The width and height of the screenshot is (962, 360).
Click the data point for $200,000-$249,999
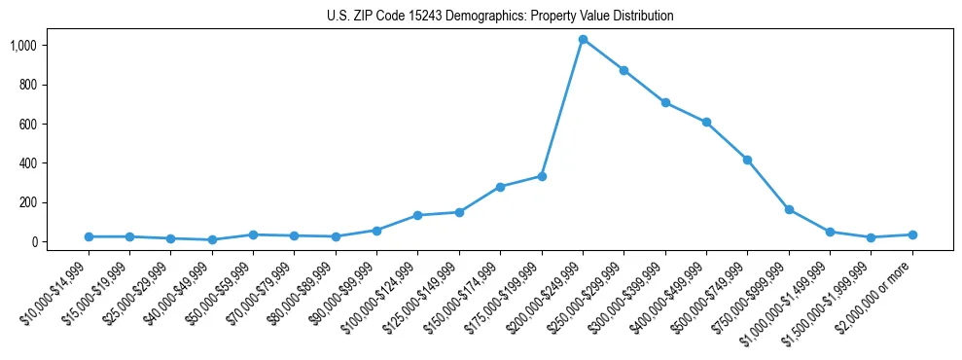tap(583, 40)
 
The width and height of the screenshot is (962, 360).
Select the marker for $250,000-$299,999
tap(624, 70)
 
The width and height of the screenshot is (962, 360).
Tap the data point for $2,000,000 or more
tap(912, 234)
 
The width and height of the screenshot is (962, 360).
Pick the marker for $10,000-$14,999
tap(89, 236)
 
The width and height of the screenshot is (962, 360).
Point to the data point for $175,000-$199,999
tap(542, 176)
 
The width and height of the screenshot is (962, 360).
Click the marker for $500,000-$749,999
tap(747, 160)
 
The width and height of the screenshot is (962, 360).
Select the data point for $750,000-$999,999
tap(789, 209)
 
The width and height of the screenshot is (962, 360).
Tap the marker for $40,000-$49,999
tap(212, 239)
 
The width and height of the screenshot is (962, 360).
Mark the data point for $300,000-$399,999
tap(665, 102)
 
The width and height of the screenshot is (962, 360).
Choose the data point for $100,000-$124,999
tap(417, 215)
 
